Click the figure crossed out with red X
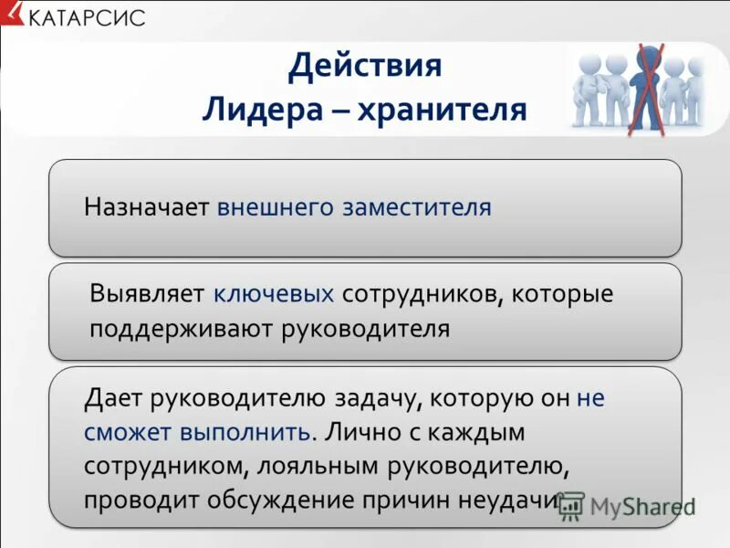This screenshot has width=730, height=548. (647, 87)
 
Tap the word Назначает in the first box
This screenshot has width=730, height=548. (147, 207)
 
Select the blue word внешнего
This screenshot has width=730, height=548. (276, 207)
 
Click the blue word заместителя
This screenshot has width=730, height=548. (417, 207)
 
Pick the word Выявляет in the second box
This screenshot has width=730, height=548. (148, 294)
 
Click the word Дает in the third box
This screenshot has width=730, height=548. (113, 398)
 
